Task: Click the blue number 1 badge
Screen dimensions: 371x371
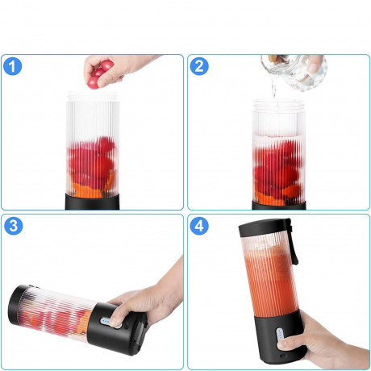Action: point(14,68)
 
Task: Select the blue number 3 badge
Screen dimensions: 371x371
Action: point(14,226)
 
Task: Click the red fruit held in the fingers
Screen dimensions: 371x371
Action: point(98,75)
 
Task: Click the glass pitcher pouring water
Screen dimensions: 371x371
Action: point(298,71)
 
